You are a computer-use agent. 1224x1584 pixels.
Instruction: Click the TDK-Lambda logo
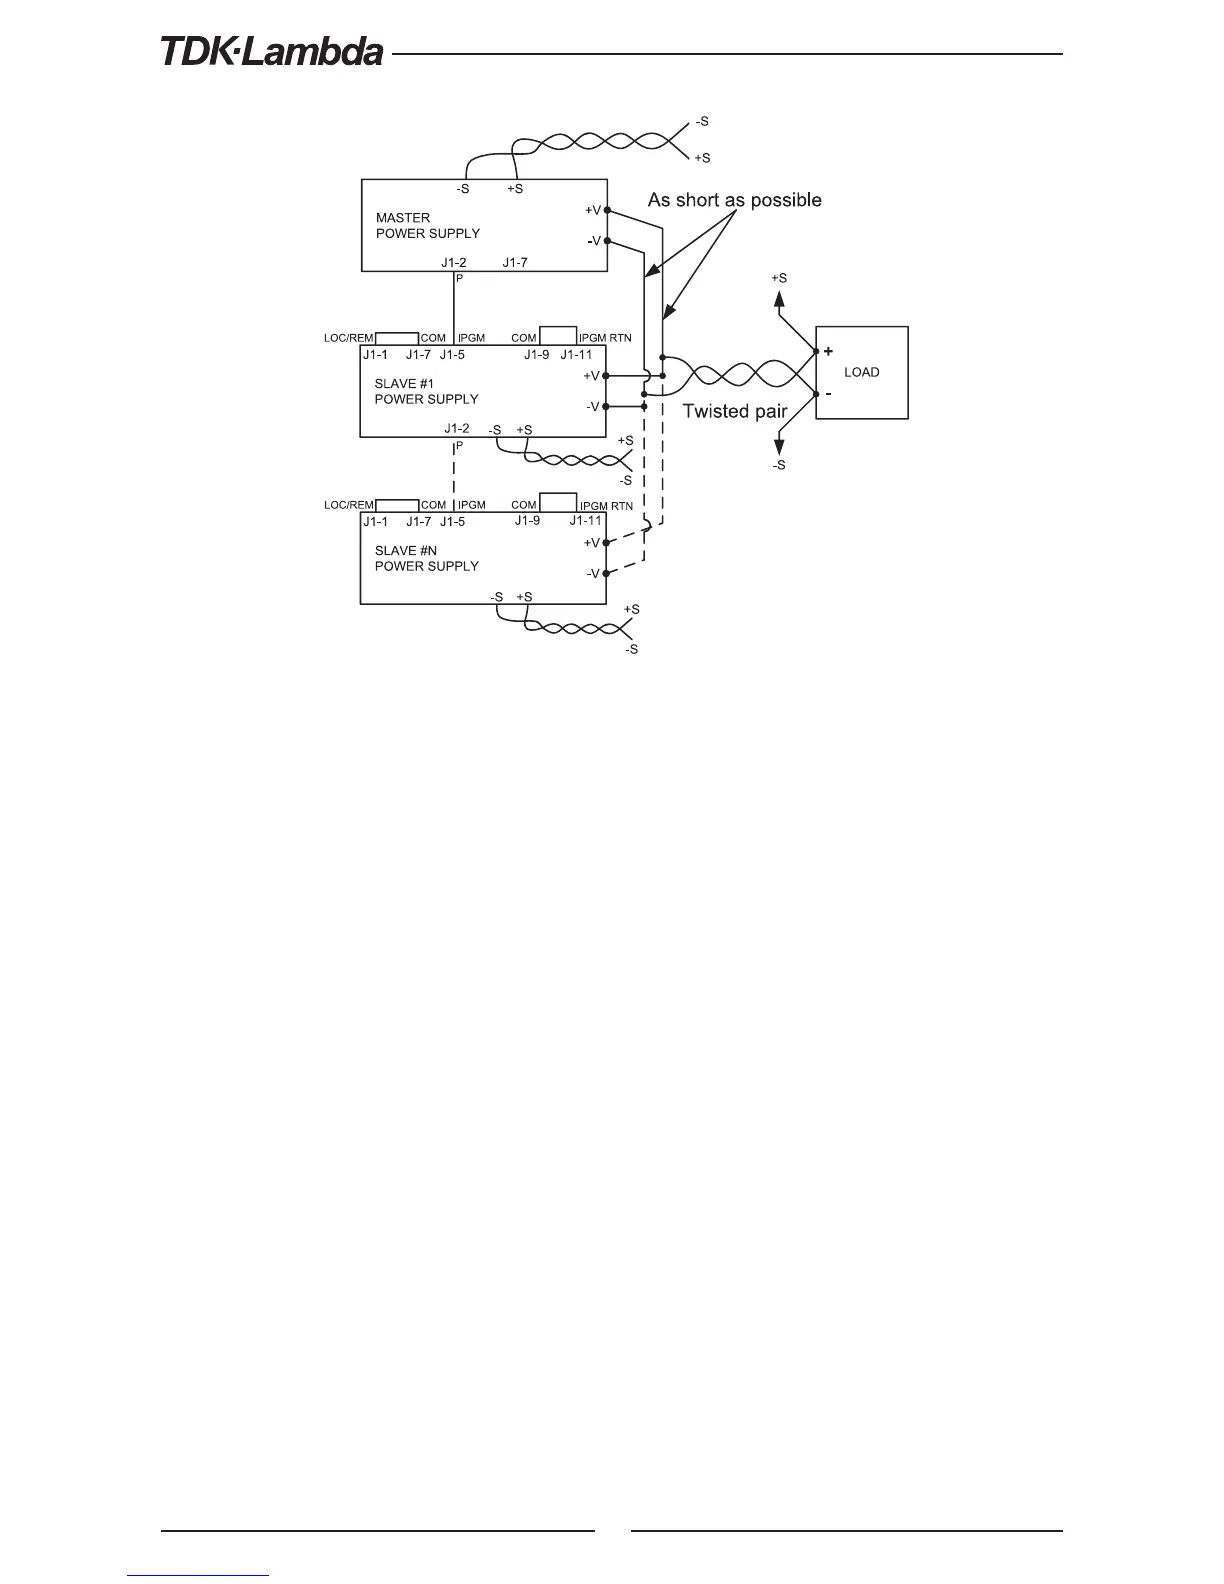pyautogui.click(x=272, y=52)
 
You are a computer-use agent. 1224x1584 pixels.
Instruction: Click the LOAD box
pyautogui.click(x=862, y=372)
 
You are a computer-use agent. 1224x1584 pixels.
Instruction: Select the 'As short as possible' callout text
pyautogui.click(x=735, y=200)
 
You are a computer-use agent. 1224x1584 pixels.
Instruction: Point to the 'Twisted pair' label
pyautogui.click(x=735, y=411)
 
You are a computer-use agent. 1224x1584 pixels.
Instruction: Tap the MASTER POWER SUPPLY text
pyautogui.click(x=427, y=225)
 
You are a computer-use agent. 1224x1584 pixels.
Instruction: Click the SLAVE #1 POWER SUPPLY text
pyautogui.click(x=426, y=391)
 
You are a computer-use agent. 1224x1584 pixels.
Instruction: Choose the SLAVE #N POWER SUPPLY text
pyautogui.click(x=426, y=558)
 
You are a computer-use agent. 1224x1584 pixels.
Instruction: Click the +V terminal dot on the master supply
pyautogui.click(x=607, y=210)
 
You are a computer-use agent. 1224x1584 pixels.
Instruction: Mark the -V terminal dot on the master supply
pyautogui.click(x=607, y=241)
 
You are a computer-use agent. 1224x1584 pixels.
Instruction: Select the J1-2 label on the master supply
pyautogui.click(x=454, y=262)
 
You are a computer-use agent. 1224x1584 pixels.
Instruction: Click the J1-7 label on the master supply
pyautogui.click(x=515, y=262)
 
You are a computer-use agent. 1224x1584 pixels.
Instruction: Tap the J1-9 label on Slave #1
pyautogui.click(x=537, y=354)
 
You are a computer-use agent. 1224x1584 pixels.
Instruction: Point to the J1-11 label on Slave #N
pyautogui.click(x=586, y=521)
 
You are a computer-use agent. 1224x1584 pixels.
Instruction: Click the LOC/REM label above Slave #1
pyautogui.click(x=349, y=338)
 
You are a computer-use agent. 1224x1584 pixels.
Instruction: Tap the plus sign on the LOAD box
pyautogui.click(x=828, y=351)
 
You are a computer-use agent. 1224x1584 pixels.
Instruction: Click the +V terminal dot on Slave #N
pyautogui.click(x=607, y=543)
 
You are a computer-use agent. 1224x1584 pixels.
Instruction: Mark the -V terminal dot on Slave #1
pyautogui.click(x=607, y=407)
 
